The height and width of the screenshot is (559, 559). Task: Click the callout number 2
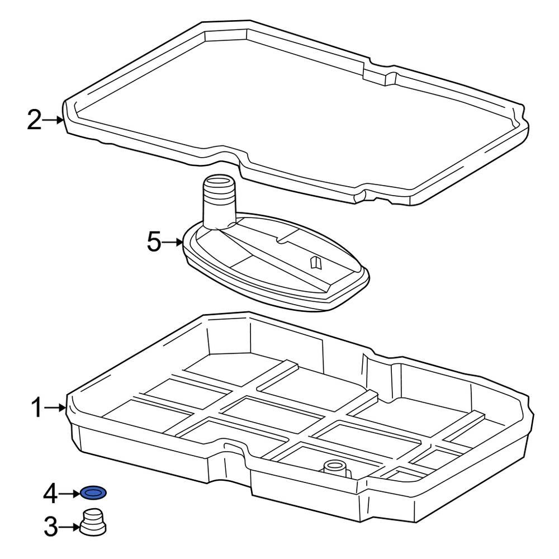click(35, 120)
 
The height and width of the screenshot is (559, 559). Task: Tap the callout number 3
click(51, 527)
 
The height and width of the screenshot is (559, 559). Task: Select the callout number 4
click(51, 493)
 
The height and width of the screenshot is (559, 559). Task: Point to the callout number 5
click(154, 243)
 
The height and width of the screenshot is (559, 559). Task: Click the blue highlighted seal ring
click(93, 493)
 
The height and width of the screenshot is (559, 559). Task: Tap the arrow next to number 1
click(57, 408)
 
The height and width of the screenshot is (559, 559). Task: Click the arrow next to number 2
click(55, 120)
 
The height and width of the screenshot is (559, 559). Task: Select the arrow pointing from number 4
click(70, 493)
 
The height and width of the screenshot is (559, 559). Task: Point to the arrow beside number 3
click(70, 527)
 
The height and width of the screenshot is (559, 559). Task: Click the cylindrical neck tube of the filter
click(218, 204)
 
